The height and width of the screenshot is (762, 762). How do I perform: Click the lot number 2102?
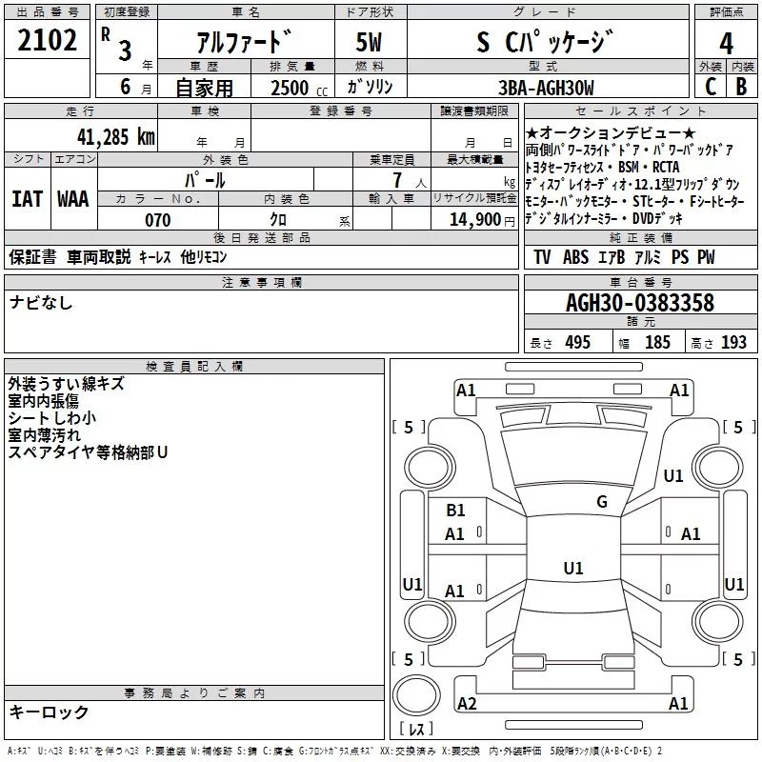pos(48,41)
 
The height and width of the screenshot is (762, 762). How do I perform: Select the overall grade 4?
pos(726,43)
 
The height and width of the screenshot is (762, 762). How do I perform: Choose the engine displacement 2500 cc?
pos(291,89)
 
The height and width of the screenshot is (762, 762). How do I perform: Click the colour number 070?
pos(157,220)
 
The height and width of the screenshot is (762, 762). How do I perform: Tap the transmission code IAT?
pos(26,199)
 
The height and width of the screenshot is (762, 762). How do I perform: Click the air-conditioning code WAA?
pos(72,199)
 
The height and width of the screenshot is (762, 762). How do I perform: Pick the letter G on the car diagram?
pos(601,502)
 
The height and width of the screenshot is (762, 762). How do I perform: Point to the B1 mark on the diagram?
pos(455,511)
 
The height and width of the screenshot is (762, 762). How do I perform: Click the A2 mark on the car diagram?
pos(467,703)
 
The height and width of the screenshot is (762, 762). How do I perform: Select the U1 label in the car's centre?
pos(572,569)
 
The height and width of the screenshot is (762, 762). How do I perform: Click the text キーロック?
pos(49,712)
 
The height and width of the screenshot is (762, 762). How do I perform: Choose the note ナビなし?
pos(41,303)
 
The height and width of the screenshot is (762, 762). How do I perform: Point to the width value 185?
pos(657,343)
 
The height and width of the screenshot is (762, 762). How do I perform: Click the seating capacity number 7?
pos(394,181)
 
